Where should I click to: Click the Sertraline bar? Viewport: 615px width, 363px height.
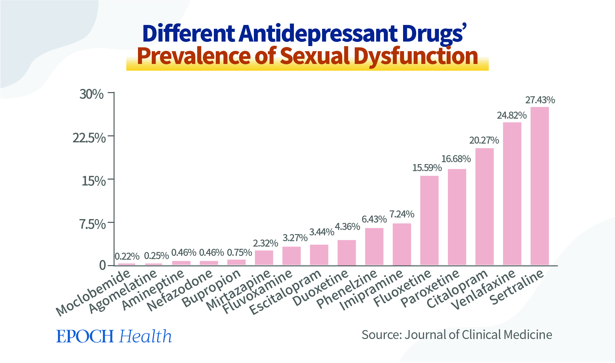pyautogui.click(x=539, y=186)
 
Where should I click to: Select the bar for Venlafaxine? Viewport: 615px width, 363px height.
pyautogui.click(x=512, y=193)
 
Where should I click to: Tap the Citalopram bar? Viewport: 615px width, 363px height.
pyautogui.click(x=484, y=207)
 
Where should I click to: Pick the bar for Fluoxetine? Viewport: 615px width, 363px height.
pyautogui.click(x=429, y=220)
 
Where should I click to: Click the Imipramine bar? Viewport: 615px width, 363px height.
pyautogui.click(x=401, y=244)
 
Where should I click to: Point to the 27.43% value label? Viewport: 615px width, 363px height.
pyautogui.click(x=540, y=100)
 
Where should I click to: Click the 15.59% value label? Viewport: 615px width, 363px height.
pyautogui.click(x=427, y=168)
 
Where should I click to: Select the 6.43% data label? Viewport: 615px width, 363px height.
pyautogui.click(x=374, y=219)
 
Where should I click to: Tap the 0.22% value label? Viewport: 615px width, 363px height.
pyautogui.click(x=127, y=256)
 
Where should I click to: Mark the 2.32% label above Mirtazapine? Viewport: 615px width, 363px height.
pyautogui.click(x=265, y=243)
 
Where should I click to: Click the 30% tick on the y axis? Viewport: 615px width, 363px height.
pyautogui.click(x=92, y=94)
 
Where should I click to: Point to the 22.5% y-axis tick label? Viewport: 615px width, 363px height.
pyautogui.click(x=89, y=138)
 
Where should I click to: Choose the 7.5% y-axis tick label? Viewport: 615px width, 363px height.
pyautogui.click(x=93, y=225)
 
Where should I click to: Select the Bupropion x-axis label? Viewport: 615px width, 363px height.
pyautogui.click(x=211, y=288)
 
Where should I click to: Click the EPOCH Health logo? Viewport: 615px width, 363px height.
pyautogui.click(x=114, y=336)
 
